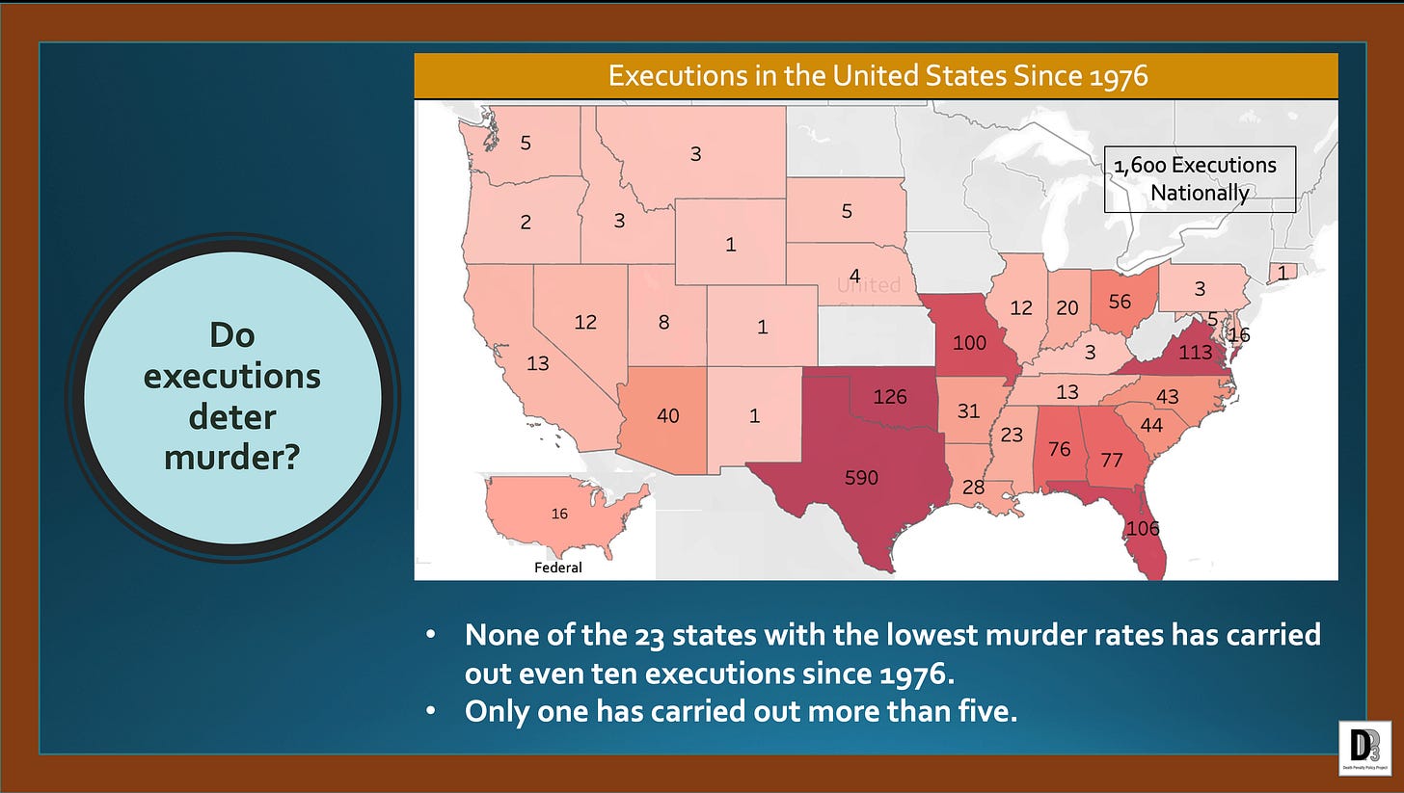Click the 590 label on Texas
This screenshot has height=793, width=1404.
click(x=861, y=477)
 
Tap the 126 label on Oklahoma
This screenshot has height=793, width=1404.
click(x=889, y=396)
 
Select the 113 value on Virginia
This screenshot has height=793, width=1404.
click(x=1196, y=353)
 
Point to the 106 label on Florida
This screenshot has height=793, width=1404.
click(x=1142, y=528)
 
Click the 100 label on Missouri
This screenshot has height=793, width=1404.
click(x=969, y=342)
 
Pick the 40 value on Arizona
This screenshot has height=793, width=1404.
click(x=667, y=416)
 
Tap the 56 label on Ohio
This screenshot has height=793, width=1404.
click(x=1120, y=302)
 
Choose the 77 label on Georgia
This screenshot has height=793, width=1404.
click(x=1112, y=460)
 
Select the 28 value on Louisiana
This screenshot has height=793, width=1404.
click(x=973, y=488)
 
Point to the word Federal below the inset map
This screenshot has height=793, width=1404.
click(x=558, y=568)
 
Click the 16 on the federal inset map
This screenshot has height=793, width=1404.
click(x=559, y=515)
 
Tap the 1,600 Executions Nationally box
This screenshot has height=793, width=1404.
click(x=1200, y=179)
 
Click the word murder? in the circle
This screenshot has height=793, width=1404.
click(x=232, y=456)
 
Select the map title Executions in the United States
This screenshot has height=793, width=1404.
click(x=877, y=76)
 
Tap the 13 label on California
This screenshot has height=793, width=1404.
click(x=538, y=363)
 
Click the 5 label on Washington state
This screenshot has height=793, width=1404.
click(x=526, y=144)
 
